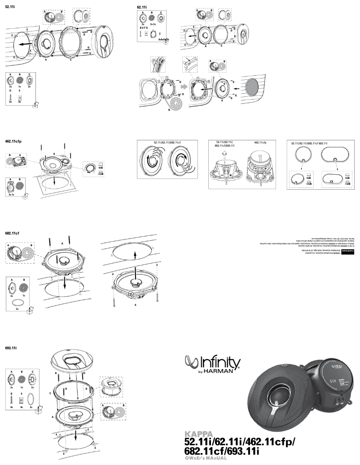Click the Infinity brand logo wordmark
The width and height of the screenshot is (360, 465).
pyautogui.click(x=214, y=361)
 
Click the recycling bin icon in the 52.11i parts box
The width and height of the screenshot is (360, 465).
pyautogui.click(x=35, y=105)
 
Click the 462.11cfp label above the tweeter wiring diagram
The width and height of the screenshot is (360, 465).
pyautogui.click(x=261, y=143)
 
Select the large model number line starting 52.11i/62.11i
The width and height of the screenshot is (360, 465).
pyautogui.click(x=241, y=443)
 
